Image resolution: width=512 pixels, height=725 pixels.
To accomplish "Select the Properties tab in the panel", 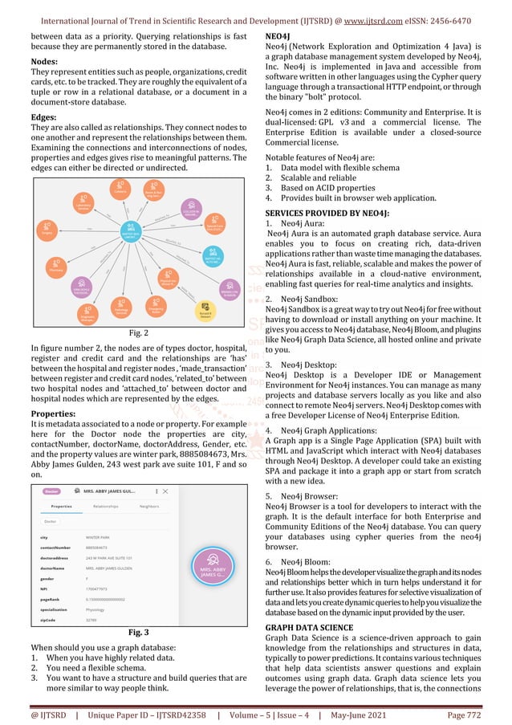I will coord(61,507).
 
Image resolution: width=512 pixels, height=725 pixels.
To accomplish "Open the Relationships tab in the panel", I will coord(105,507).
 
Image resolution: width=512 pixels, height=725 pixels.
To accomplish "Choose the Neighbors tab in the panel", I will coord(149,507).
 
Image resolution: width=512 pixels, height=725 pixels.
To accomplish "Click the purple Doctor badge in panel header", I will coord(51,490).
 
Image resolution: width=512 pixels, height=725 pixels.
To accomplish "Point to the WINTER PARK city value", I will coord(99,537).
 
